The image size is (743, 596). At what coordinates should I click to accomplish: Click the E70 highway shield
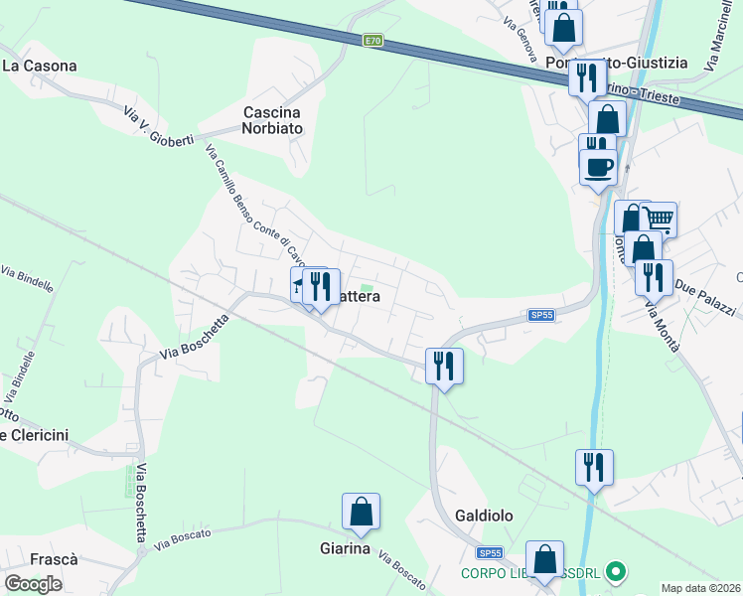tap(372, 40)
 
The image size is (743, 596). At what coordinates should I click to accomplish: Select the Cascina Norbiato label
tap(272, 120)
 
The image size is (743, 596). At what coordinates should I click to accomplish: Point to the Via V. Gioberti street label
tap(157, 124)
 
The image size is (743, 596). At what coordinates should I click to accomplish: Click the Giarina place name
tap(345, 548)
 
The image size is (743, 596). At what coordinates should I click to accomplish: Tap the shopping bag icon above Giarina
tap(361, 512)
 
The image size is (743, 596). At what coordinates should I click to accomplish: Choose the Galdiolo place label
tap(483, 517)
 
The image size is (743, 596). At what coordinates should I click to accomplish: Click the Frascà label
tap(54, 559)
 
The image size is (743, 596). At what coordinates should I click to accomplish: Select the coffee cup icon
tap(598, 166)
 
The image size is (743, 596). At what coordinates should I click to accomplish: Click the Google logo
tap(34, 584)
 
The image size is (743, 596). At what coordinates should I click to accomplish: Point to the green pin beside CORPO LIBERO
tap(615, 572)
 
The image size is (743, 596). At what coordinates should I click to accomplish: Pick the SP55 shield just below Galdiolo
tap(490, 553)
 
